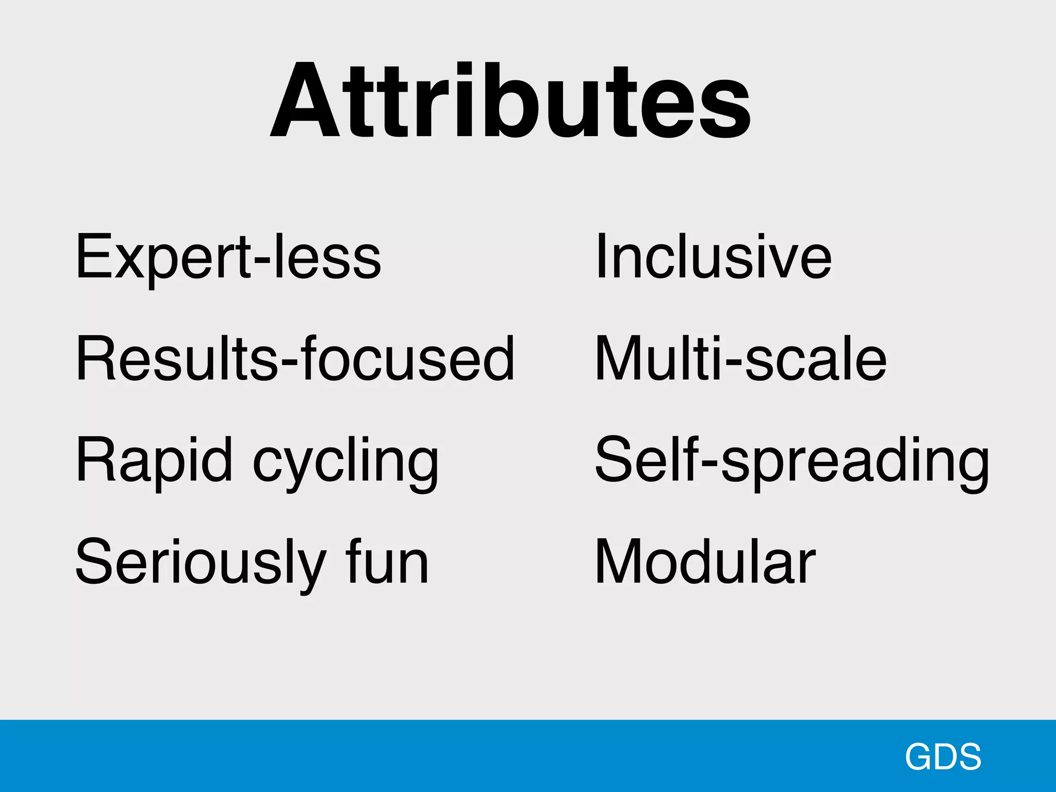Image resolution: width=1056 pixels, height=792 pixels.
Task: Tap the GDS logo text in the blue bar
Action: tap(943, 757)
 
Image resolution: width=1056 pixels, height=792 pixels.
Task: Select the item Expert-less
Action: tap(228, 256)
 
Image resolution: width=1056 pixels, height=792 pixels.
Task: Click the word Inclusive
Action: tap(714, 256)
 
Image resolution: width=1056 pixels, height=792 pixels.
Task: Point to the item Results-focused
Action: tap(295, 358)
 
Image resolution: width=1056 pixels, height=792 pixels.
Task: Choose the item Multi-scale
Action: tap(740, 358)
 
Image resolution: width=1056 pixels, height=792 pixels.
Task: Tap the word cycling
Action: tap(346, 461)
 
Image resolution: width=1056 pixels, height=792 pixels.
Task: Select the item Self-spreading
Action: tap(792, 460)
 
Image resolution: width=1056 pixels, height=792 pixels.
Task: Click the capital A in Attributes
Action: tap(305, 102)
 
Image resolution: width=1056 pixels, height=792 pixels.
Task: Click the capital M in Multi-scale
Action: tap(620, 358)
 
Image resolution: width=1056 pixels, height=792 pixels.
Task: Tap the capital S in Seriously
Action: tap(94, 561)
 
